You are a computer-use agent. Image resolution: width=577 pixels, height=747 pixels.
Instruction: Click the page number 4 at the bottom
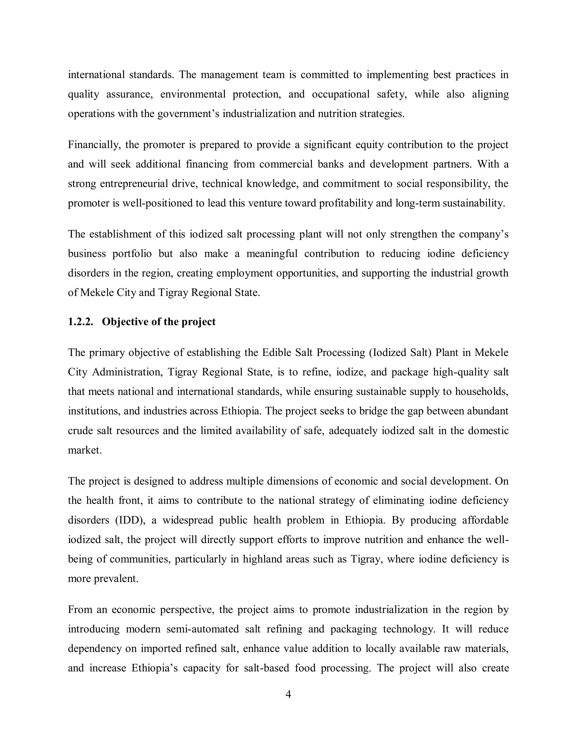tap(288, 695)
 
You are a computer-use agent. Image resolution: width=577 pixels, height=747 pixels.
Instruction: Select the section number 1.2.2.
tap(81, 322)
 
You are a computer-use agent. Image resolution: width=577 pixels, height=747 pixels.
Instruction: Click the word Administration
tap(127, 372)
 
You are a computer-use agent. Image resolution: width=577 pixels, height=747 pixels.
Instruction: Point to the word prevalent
tap(116, 579)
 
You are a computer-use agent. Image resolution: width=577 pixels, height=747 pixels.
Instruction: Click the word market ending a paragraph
tap(84, 450)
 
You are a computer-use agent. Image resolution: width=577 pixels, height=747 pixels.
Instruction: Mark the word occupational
tap(340, 94)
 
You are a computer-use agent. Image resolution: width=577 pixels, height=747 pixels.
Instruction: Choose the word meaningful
tap(272, 254)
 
